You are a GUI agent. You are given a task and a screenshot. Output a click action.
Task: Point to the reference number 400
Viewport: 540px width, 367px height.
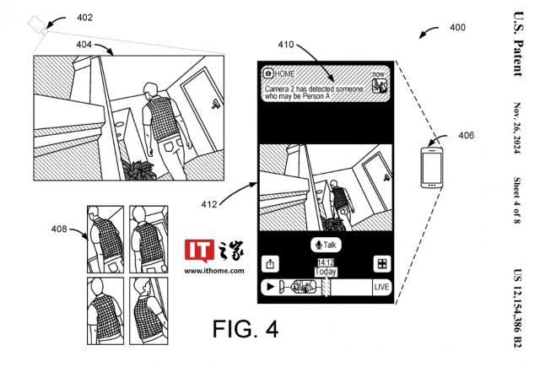point(456,28)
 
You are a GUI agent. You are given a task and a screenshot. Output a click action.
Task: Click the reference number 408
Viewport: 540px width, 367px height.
point(60,228)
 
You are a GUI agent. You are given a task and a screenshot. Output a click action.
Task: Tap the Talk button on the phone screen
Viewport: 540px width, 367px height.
point(325,245)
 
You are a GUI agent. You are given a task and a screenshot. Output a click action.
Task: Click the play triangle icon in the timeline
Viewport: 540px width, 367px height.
point(268,287)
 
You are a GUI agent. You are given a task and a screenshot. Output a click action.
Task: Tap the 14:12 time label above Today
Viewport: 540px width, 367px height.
point(325,262)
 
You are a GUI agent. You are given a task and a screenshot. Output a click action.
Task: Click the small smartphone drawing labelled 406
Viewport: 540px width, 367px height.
point(432,166)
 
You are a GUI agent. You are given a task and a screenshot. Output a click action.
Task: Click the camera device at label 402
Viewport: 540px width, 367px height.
point(38,26)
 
